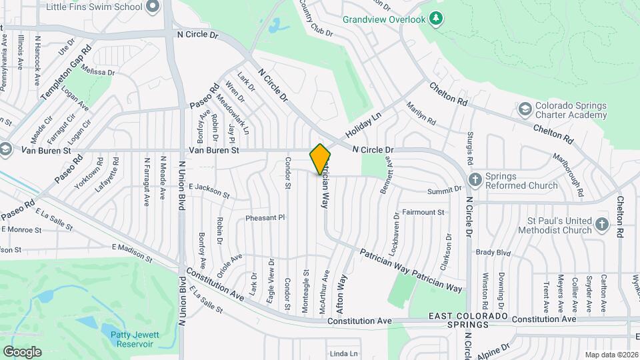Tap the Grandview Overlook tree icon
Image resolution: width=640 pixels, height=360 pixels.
pos(436,18)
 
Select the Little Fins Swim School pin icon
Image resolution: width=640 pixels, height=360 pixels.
pos(153,7)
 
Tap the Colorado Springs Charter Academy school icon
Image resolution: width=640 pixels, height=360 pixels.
pos(525,109)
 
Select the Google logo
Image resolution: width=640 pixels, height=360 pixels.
pos(22,351)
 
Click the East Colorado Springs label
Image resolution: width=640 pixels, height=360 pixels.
pos(468,319)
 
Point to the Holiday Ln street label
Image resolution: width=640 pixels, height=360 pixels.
pos(363,126)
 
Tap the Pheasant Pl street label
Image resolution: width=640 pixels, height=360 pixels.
pos(265,217)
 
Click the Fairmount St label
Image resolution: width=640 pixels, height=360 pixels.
pos(423,212)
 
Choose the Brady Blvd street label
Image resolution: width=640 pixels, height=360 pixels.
pos(493,253)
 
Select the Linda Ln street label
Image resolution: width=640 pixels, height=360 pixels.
pos(344,353)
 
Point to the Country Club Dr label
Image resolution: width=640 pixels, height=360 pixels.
pos(316,18)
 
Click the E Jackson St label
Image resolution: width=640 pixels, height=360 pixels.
pos(209,191)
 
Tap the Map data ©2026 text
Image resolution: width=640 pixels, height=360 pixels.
pos(611,355)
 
